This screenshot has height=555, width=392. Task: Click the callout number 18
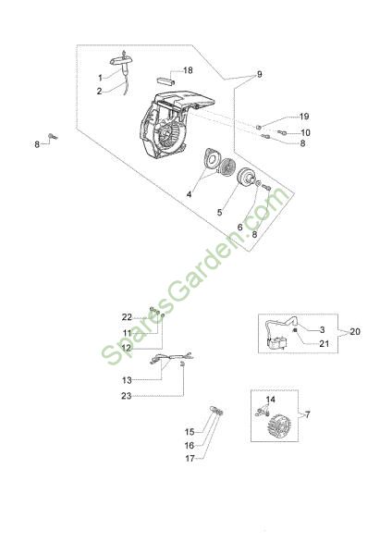[x=188, y=70]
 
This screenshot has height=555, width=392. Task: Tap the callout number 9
[x=259, y=74]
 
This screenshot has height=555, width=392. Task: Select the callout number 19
[x=304, y=117]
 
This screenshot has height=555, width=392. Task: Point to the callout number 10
[x=305, y=132]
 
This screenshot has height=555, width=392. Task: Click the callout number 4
[x=190, y=194]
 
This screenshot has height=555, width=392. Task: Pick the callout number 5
[x=220, y=212]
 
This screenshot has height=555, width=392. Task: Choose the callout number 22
[x=127, y=317]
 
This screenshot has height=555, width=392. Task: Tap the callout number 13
[x=127, y=380]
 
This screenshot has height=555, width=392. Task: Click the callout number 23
[x=127, y=396]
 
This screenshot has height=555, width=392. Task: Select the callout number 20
[x=355, y=332]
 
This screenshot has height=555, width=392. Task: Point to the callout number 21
[x=325, y=344]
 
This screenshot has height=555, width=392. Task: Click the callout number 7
[x=307, y=414]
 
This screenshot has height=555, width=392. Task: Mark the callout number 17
[x=190, y=459]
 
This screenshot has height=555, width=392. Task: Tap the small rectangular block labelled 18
[x=166, y=80]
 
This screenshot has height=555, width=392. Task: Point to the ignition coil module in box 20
[x=277, y=343]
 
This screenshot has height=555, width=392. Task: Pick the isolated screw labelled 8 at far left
[x=53, y=136]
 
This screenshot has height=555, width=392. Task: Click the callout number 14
[x=270, y=400]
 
